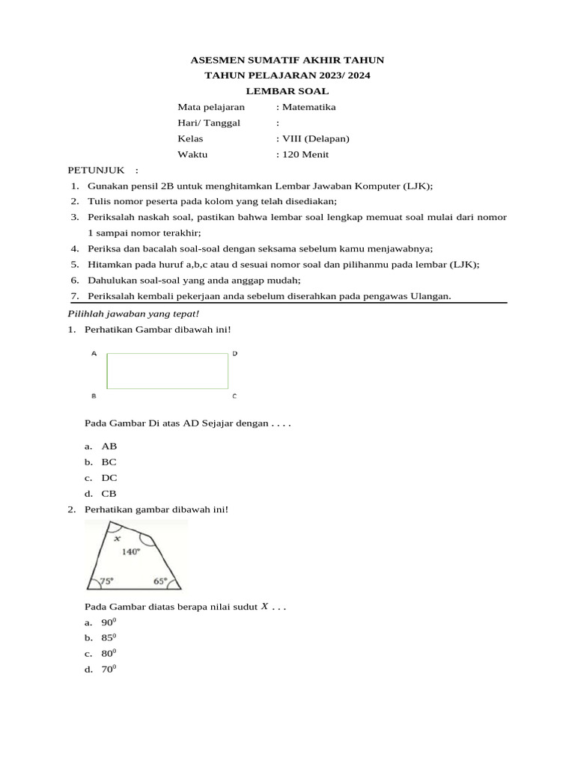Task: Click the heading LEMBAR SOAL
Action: click(287, 91)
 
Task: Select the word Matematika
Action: click(308, 107)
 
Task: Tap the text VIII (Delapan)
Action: click(315, 139)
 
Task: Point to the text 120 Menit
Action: click(305, 155)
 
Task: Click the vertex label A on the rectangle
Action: click(94, 353)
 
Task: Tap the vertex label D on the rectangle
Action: click(234, 353)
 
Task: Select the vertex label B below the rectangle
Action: click(94, 396)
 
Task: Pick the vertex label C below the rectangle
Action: click(234, 396)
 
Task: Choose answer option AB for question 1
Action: click(109, 446)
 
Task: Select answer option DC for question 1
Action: click(109, 478)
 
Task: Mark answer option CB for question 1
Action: click(109, 494)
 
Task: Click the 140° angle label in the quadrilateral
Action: click(131, 552)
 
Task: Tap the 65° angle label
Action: click(160, 580)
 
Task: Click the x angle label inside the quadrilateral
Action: click(117, 538)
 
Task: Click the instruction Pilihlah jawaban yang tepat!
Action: click(134, 314)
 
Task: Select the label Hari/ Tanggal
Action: click(209, 123)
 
